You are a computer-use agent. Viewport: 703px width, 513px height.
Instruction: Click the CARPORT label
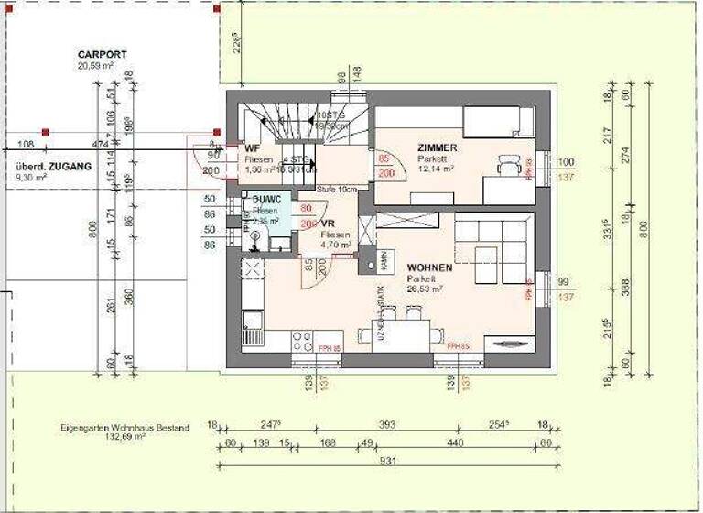click(102, 55)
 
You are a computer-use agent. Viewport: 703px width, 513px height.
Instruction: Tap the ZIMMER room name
click(437, 147)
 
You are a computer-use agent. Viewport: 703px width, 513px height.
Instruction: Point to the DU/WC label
click(266, 200)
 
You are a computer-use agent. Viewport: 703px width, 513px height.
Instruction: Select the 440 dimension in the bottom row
click(455, 444)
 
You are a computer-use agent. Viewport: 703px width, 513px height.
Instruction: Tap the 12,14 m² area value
click(437, 169)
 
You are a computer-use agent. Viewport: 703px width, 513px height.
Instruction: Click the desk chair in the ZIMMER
click(508, 166)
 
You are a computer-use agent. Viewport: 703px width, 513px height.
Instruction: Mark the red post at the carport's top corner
click(216, 8)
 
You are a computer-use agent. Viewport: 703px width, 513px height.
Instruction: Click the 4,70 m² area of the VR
click(333, 246)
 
